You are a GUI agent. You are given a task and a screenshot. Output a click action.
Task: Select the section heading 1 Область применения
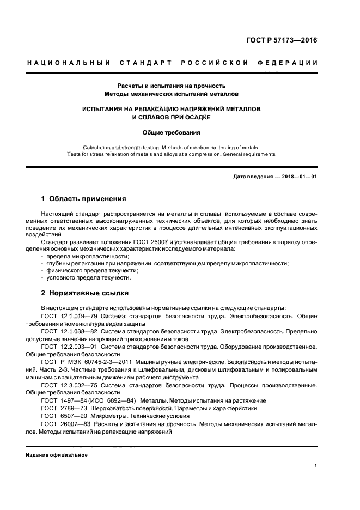84,198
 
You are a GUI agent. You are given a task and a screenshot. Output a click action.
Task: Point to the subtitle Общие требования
172,132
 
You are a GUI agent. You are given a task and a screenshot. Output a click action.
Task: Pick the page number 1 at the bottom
316,466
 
